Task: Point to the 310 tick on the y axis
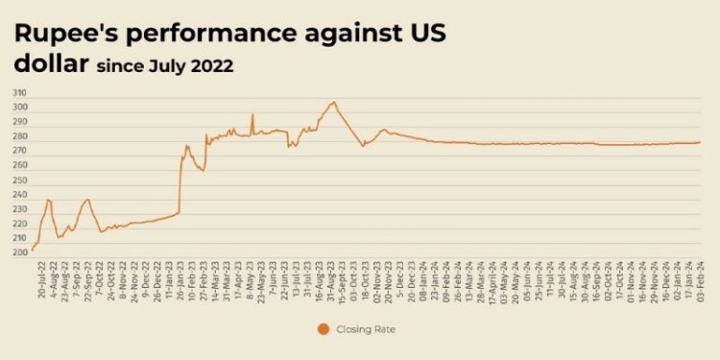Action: pyautogui.click(x=19, y=93)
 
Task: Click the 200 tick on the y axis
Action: pyautogui.click(x=19, y=252)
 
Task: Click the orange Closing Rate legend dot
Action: pyautogui.click(x=323, y=329)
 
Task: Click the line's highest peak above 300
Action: pyautogui.click(x=333, y=101)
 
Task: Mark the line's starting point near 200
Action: pyautogui.click(x=33, y=251)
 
